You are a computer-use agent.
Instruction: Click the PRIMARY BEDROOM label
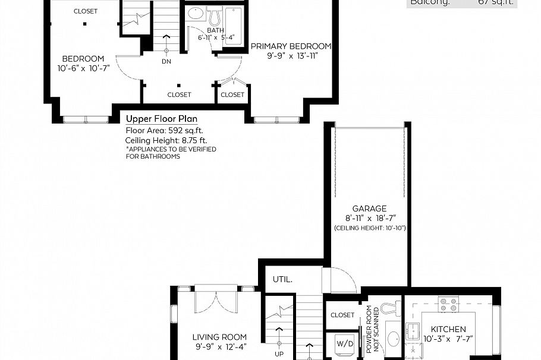point(291,46)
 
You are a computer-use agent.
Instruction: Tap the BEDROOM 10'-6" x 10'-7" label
point(83,59)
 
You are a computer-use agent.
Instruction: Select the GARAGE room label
point(369,209)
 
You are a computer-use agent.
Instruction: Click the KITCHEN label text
point(448,329)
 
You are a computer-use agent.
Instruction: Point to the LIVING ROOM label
point(219,337)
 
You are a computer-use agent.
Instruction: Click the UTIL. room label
point(282,279)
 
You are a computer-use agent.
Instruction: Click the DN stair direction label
point(166,61)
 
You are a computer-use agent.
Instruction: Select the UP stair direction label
point(279,354)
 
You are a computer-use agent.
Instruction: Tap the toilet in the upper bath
point(214,14)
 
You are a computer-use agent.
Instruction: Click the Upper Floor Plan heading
point(161,119)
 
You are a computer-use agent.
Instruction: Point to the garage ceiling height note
point(370,228)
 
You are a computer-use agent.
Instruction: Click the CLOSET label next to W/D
point(342,315)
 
